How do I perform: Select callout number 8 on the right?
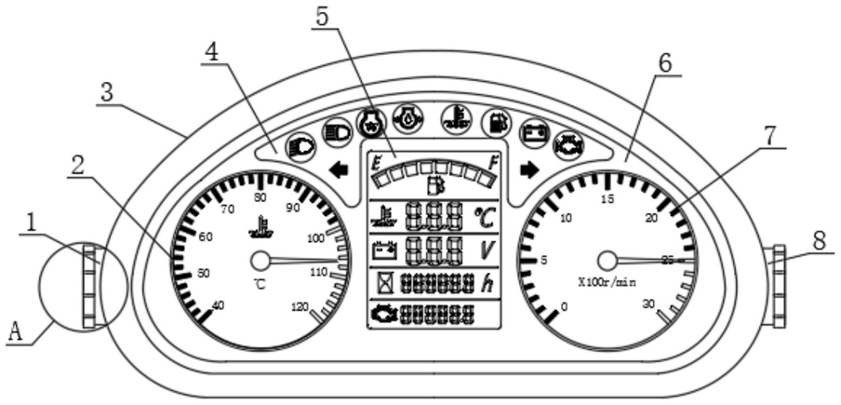(819, 239)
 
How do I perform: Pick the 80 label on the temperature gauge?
(260, 197)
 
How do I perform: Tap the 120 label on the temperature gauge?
(300, 306)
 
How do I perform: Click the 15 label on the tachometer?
(607, 199)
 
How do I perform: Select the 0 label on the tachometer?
(564, 306)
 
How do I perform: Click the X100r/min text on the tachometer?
(607, 282)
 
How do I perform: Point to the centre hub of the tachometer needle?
(607, 261)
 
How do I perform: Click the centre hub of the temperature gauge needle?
(260, 261)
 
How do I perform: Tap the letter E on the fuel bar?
(377, 162)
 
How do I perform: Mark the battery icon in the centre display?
(383, 250)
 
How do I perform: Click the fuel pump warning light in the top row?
(499, 120)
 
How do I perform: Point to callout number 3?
(108, 93)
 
